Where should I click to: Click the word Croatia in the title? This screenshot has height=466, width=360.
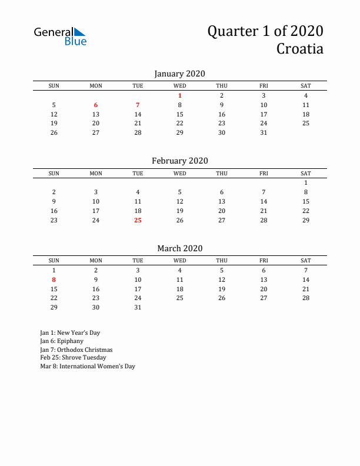point(299,49)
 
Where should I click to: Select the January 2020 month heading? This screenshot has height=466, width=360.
point(179,74)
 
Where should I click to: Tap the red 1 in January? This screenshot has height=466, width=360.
point(180,95)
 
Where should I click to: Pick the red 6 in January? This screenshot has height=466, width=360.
point(96,105)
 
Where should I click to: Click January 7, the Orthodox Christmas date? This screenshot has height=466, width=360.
point(138,105)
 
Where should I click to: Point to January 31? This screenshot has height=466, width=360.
point(264,132)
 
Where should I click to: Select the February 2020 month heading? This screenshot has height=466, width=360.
point(179,161)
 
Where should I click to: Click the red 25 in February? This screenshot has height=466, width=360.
point(138,220)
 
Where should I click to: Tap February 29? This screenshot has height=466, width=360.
point(306,220)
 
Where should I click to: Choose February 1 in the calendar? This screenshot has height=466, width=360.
point(306,182)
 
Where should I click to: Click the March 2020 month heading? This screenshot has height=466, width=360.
point(179,248)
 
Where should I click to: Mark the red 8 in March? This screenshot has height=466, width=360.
point(54,279)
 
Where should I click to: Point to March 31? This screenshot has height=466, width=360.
point(138,307)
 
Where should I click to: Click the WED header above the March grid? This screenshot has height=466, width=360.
point(180,261)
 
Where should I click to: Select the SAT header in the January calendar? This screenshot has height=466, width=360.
point(306,86)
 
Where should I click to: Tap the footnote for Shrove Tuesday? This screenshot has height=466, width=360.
point(73,358)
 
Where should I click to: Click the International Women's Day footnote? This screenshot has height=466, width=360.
point(88,366)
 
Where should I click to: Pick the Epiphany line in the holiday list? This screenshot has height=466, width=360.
point(62,341)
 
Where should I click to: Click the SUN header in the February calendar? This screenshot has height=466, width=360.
point(54,174)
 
